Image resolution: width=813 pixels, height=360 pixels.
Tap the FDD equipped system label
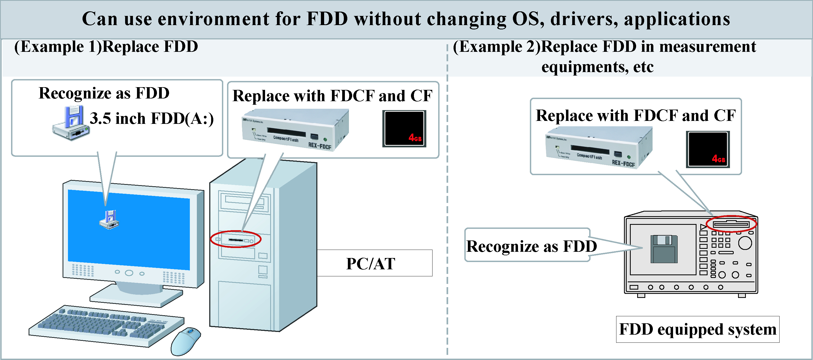click(698, 329)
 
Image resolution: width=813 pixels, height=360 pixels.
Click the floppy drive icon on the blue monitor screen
click(109, 219)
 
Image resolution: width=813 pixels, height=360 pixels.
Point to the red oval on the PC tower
click(235, 239)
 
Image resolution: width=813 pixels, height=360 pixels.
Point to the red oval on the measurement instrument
click(731, 224)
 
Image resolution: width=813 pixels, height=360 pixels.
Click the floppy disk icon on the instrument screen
click(664, 249)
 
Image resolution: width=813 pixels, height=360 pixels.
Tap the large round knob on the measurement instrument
click(745, 243)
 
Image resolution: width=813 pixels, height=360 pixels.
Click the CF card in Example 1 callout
click(404, 128)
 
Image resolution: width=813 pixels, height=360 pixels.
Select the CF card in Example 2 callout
click(708, 149)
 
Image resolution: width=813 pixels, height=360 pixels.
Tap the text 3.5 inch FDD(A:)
click(152, 118)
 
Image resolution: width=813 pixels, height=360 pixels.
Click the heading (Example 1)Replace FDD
click(106, 47)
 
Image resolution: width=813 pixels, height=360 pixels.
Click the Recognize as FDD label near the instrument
click(531, 246)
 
